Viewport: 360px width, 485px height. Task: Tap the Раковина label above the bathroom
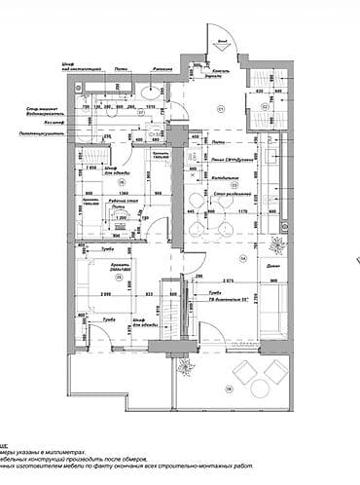point(162,70)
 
